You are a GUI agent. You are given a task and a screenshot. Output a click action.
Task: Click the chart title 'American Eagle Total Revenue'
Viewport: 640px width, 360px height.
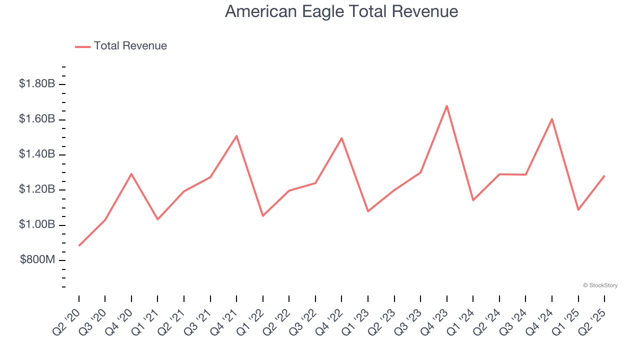[x=341, y=11]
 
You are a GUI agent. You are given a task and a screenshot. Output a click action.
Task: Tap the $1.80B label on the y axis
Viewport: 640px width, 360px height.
[x=37, y=84]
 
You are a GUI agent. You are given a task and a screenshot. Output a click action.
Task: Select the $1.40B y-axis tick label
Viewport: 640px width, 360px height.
[x=37, y=154]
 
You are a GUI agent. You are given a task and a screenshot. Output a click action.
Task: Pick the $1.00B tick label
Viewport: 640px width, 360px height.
[x=37, y=225]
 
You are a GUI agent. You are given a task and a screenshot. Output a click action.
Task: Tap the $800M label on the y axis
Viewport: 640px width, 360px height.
[x=38, y=260]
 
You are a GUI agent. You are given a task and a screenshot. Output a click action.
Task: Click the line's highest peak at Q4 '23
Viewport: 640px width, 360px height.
[x=446, y=105]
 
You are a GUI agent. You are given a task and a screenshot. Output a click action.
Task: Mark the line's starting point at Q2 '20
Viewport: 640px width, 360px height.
[x=79, y=245]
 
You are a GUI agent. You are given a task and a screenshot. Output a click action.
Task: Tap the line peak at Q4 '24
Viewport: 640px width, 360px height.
[x=551, y=119]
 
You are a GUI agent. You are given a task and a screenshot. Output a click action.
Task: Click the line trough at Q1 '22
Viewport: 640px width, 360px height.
[x=263, y=215]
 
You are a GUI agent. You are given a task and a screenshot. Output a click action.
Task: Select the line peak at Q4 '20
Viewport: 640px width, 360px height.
[x=131, y=174]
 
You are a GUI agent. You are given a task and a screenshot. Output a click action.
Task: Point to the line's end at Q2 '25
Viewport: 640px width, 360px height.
[x=604, y=176]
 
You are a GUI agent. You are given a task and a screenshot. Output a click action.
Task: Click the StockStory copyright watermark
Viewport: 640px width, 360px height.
[x=600, y=285]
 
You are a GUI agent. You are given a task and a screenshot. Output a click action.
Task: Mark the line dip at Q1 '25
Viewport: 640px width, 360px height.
[x=578, y=209]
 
